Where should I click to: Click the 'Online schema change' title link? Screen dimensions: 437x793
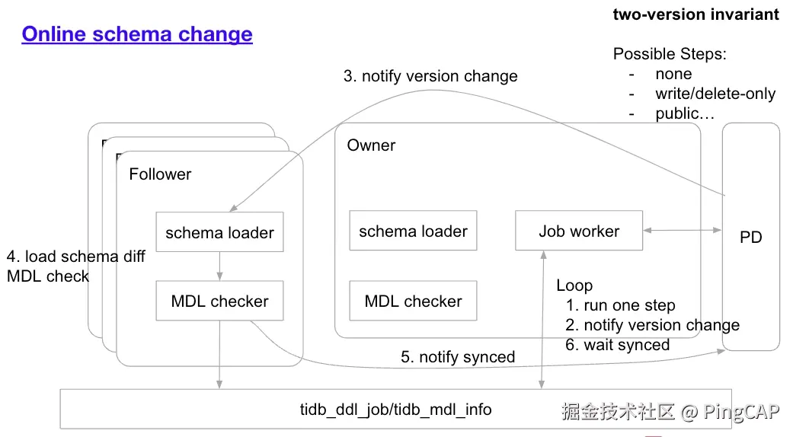click(x=137, y=34)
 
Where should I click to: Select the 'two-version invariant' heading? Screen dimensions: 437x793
click(x=695, y=14)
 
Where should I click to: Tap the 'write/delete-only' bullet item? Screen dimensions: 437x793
click(x=715, y=94)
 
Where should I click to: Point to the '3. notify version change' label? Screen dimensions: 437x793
click(x=430, y=76)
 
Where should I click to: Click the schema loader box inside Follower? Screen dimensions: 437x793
click(x=219, y=232)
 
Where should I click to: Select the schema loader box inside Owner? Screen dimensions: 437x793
click(x=413, y=231)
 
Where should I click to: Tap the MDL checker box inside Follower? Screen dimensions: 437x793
click(x=219, y=301)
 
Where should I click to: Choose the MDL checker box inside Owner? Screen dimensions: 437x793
click(x=413, y=301)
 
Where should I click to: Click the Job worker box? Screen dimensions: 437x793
click(x=579, y=231)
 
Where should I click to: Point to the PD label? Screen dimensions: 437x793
click(x=750, y=238)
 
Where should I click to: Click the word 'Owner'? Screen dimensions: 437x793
click(x=371, y=145)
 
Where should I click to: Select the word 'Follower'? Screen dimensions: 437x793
click(x=160, y=174)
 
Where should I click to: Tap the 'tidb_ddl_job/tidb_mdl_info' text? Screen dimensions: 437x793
click(x=395, y=410)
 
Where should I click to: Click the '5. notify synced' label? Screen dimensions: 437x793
click(x=458, y=357)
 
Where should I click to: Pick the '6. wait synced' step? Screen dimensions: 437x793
click(x=617, y=345)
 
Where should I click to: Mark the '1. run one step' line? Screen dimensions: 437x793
click(x=620, y=305)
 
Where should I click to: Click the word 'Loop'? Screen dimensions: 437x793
click(x=574, y=285)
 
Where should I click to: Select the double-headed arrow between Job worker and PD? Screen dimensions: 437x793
click(x=682, y=228)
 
